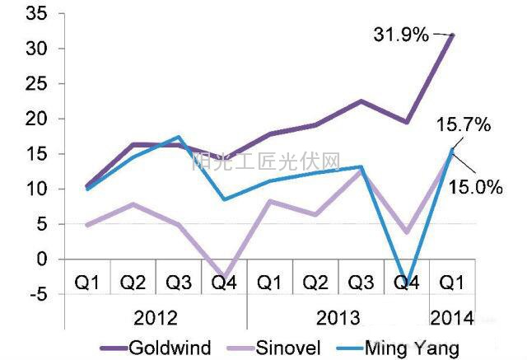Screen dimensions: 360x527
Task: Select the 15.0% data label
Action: tap(475, 187)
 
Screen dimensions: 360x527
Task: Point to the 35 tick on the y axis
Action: tap(37, 14)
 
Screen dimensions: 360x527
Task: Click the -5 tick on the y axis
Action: tap(37, 294)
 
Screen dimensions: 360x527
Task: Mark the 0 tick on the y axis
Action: tap(42, 259)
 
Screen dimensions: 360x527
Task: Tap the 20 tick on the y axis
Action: tap(37, 119)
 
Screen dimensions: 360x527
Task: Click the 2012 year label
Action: tap(156, 316)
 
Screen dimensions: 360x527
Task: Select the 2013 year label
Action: tap(338, 316)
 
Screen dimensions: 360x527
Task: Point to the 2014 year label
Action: tap(451, 316)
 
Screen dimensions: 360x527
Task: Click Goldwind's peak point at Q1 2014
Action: tap(453, 35)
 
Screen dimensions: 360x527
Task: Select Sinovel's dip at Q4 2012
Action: tap(225, 278)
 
